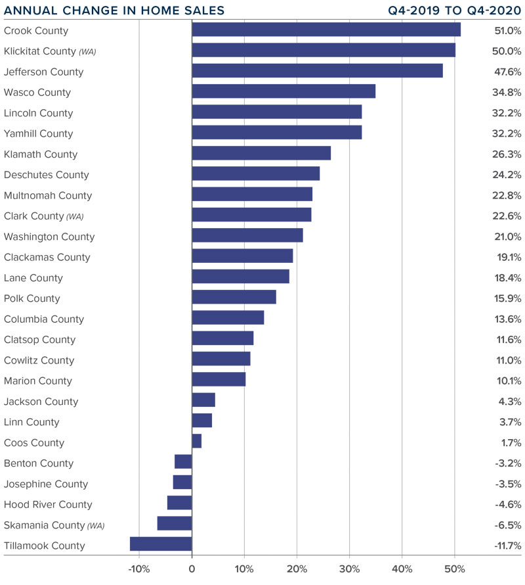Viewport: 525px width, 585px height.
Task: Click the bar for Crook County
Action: (325, 30)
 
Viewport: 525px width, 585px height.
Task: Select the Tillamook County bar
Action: (161, 544)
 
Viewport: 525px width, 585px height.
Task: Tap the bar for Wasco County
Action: (283, 91)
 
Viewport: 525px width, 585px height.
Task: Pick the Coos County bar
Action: (196, 441)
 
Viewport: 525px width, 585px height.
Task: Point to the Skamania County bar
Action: (175, 523)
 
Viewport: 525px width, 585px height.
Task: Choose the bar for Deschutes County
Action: (255, 174)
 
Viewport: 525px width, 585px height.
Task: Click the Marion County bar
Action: (218, 379)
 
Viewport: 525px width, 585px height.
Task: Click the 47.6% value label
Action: (507, 71)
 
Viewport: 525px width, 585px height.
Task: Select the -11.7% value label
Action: (507, 546)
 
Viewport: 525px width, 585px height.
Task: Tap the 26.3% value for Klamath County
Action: (507, 154)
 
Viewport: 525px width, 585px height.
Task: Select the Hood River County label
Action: (48, 505)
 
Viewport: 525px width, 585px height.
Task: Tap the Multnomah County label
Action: (48, 195)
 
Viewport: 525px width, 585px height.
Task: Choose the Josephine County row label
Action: (46, 484)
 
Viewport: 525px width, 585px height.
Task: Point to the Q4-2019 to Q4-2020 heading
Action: (454, 11)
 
